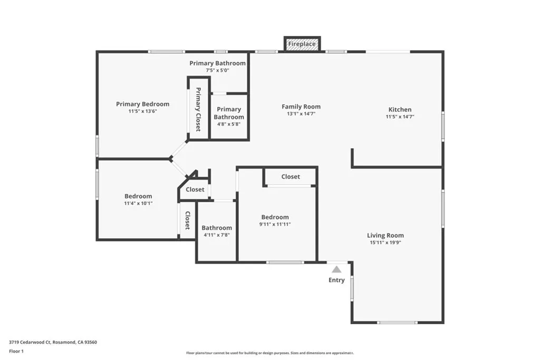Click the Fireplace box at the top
coord(302,44)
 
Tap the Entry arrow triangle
coord(336,269)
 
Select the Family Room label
coord(301,106)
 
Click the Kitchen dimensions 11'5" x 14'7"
coord(400,117)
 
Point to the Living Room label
coord(385,236)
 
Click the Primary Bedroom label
coord(143,104)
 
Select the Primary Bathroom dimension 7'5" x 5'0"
coord(218,70)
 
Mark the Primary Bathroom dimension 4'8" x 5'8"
coord(229,124)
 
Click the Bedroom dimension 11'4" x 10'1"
coord(138,203)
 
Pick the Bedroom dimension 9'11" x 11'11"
coord(275,224)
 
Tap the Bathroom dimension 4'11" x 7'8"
coord(217,235)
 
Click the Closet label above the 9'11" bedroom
coord(291,177)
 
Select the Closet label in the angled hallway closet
coord(195,189)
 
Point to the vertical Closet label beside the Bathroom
coord(187,221)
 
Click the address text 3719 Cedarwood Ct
coord(53,342)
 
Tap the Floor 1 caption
coord(17,351)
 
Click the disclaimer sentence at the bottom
coord(269,353)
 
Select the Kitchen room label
coord(400,110)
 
